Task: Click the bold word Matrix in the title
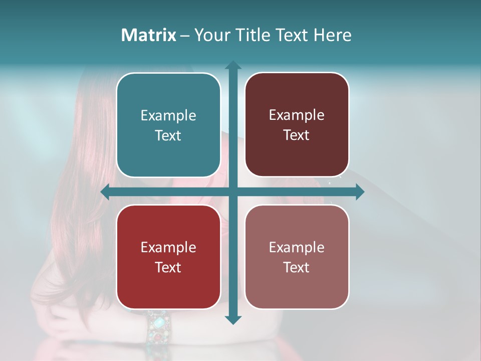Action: point(148,35)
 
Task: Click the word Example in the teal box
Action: point(168,115)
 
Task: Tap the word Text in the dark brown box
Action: point(297,135)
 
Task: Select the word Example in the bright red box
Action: point(168,247)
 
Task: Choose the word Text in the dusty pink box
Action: point(297,267)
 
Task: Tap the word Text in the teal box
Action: point(168,135)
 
